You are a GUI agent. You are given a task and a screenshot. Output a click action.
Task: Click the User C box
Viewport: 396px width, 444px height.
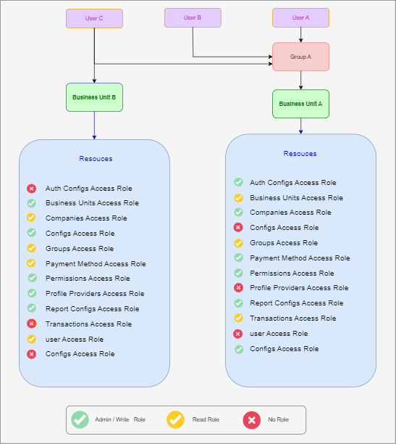pos(94,18)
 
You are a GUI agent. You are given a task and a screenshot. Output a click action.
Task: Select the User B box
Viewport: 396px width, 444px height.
pos(193,17)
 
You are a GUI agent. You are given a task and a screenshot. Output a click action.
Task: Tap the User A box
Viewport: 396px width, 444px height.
pos(300,17)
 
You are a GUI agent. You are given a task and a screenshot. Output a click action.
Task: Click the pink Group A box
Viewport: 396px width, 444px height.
pos(300,57)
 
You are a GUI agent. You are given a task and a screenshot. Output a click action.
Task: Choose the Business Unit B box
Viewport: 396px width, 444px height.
pos(94,97)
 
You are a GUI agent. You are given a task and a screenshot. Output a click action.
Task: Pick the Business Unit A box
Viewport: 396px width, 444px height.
pos(300,104)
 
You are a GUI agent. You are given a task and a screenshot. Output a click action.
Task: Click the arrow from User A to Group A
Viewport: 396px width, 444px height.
pos(300,35)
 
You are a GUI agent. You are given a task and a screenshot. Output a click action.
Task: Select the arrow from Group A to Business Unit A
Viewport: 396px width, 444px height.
pos(300,80)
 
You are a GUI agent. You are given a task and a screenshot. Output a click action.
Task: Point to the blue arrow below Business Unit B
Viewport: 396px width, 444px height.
pos(94,126)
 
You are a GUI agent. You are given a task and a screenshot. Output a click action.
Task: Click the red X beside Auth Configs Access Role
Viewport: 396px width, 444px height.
pos(31,189)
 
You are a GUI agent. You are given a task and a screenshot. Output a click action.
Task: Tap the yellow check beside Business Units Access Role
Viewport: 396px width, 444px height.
pos(239,197)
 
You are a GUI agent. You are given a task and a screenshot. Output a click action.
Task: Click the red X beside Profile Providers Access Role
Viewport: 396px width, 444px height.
pos(238,288)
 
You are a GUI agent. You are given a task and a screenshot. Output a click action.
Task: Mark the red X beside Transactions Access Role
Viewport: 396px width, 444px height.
pos(31,324)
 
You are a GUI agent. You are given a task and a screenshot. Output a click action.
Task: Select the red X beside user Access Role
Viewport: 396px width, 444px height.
pos(238,334)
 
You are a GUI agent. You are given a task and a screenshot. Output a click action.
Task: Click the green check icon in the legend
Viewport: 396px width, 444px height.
pos(80,419)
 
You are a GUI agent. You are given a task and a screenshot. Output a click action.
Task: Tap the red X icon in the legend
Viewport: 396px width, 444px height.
pos(251,420)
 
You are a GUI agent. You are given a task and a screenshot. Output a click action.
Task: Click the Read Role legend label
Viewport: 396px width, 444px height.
pos(206,419)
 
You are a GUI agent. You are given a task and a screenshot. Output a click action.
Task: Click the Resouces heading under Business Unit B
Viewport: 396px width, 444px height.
pos(96,159)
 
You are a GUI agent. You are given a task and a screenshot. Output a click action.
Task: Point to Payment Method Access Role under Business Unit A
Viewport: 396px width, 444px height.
pos(300,258)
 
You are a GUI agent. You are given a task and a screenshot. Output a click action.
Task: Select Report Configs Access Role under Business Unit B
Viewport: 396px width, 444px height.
pos(93,308)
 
